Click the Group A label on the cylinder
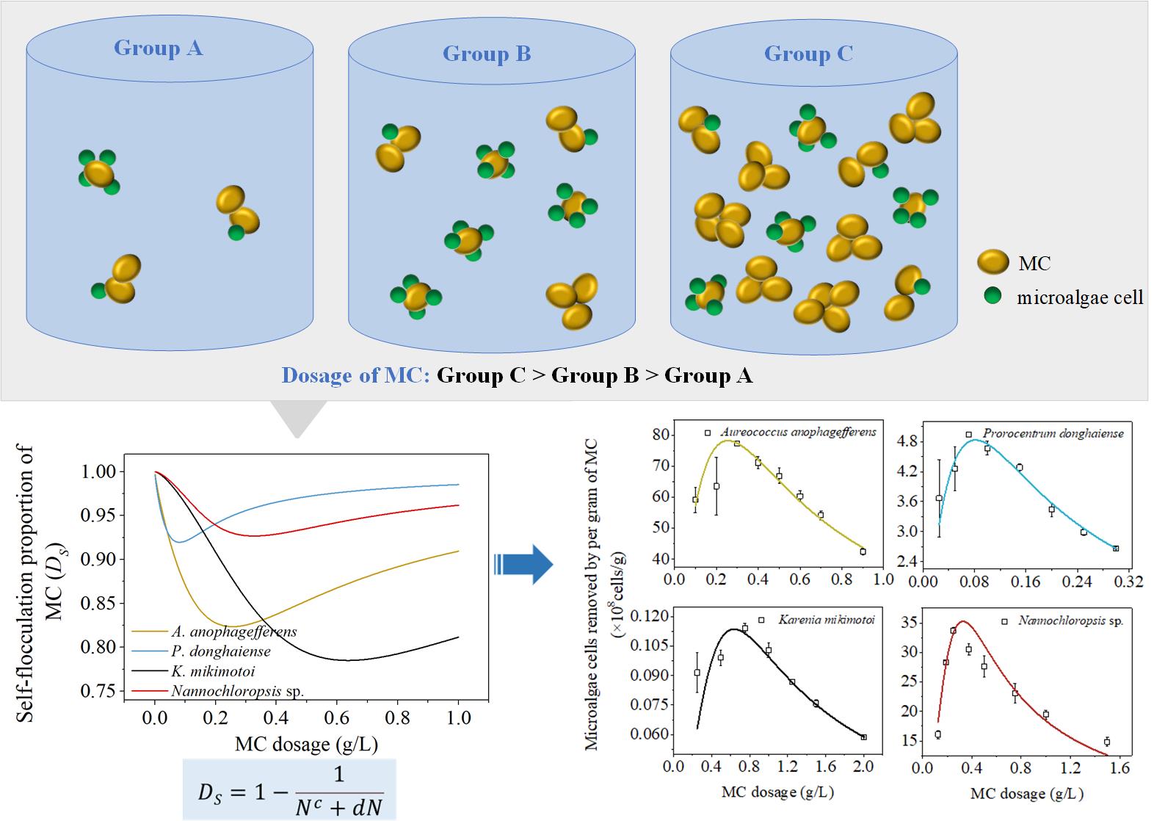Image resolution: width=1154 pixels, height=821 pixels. coord(158,48)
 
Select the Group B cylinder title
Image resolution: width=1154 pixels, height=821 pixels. coord(486,54)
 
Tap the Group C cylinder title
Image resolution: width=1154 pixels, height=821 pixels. coord(808,54)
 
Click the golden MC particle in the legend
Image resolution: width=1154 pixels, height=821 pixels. coord(993,262)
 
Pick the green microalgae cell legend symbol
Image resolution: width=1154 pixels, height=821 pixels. coord(993,296)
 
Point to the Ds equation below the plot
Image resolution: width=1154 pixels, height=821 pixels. coord(289,791)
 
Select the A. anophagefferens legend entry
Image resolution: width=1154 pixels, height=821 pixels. coord(233,632)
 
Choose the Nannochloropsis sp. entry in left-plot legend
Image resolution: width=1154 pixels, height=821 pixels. coord(237,691)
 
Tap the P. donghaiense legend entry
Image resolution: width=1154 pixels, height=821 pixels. coord(220,651)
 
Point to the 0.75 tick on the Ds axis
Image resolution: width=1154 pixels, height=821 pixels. coord(101,691)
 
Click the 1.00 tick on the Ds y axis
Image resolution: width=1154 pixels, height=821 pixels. coord(101,471)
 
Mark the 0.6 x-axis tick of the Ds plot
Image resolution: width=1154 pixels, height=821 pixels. coord(337,717)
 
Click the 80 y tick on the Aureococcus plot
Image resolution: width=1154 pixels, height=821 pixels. coord(660,435)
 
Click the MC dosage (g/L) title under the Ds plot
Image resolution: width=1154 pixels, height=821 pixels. coord(306,745)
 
